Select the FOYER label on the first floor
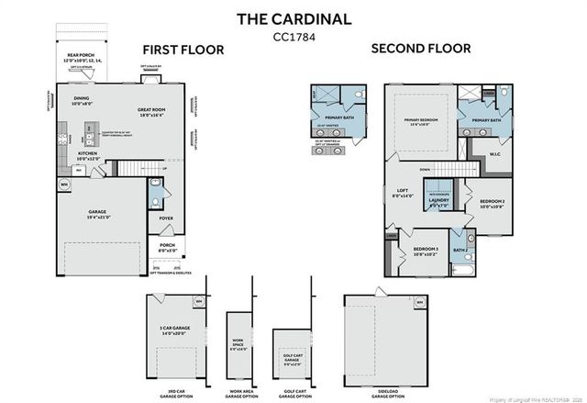pyautogui.click(x=165, y=218)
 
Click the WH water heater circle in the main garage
pyautogui.click(x=64, y=185)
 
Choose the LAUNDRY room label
pyautogui.click(x=439, y=202)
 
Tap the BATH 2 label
pyautogui.click(x=460, y=249)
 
